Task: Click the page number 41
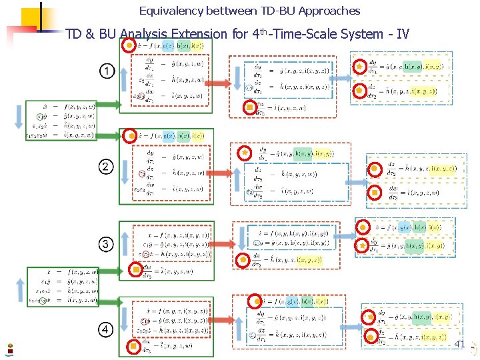(459, 344)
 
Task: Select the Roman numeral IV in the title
(403, 34)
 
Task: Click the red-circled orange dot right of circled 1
(128, 45)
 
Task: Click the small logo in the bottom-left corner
(9, 347)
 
